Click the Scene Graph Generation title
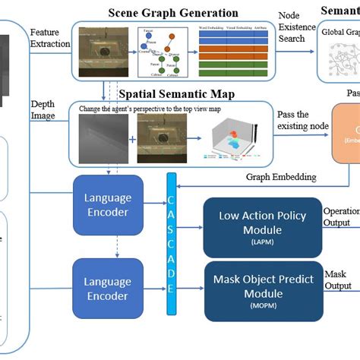click(172, 13)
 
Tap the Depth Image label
click(44, 110)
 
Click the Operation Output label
click(341, 216)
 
